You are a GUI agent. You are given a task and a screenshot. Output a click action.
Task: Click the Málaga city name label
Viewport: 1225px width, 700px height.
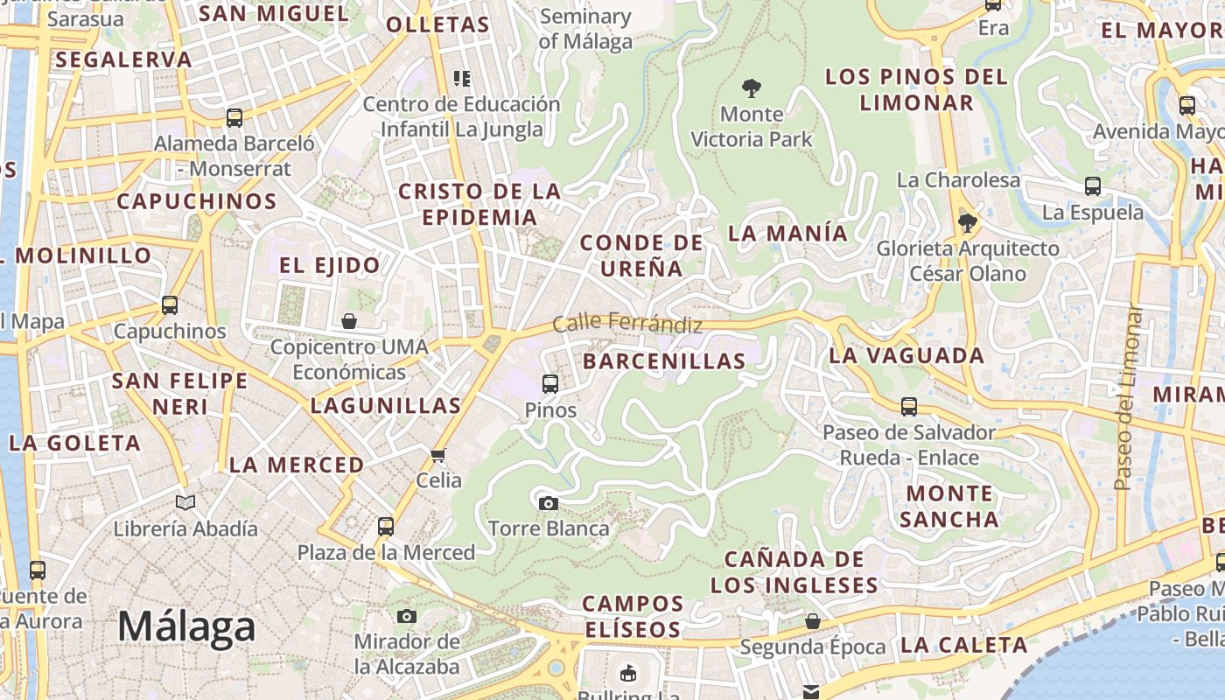tap(186, 626)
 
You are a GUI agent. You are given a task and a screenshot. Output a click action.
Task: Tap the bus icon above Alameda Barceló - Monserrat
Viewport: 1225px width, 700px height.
tap(234, 117)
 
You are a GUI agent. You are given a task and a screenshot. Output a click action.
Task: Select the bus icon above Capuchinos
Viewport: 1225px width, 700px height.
tap(170, 305)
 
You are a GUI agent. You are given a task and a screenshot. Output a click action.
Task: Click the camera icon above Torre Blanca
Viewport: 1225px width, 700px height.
tap(549, 502)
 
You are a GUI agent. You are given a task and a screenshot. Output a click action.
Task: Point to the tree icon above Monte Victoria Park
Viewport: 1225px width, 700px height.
tap(751, 87)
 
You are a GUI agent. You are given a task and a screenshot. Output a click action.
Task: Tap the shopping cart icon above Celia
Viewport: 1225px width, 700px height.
tap(438, 454)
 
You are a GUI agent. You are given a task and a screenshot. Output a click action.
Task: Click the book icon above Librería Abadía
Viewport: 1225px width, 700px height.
tap(185, 502)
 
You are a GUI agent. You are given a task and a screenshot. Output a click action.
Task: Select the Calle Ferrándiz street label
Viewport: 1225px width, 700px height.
tap(627, 323)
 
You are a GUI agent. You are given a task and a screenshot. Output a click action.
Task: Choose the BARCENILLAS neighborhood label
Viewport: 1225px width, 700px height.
tap(664, 360)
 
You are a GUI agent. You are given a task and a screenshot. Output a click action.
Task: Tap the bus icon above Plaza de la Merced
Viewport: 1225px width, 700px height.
tap(386, 526)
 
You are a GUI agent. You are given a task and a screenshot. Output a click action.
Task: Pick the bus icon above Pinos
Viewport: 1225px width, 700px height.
tap(550, 383)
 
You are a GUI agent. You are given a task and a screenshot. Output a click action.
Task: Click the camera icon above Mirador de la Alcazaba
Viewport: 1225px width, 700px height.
tap(407, 616)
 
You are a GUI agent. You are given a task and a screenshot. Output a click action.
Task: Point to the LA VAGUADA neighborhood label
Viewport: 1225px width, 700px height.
tap(906, 355)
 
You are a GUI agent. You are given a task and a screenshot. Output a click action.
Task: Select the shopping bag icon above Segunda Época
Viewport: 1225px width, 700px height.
tap(813, 621)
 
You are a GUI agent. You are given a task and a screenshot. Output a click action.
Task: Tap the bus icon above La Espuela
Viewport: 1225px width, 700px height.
tap(1093, 185)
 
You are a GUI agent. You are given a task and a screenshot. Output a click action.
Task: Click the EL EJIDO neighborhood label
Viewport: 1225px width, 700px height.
tap(330, 264)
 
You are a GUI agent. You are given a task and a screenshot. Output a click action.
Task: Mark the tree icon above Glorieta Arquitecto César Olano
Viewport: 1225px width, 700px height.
tap(967, 222)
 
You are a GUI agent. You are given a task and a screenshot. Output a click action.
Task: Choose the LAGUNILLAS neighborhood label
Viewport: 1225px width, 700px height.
tap(385, 405)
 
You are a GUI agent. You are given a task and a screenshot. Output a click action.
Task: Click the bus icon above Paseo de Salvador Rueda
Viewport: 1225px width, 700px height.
tap(909, 406)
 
